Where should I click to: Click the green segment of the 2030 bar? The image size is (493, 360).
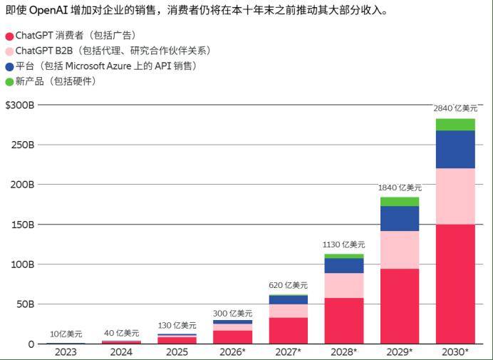coord(455,125)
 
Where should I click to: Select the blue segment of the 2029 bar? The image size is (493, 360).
coord(400,218)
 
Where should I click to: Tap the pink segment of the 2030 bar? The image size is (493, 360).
coord(455,196)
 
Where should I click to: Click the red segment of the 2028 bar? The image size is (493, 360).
coord(344,320)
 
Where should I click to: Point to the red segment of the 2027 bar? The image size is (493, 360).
coord(288,330)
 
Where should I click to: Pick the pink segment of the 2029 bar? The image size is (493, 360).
coord(400,250)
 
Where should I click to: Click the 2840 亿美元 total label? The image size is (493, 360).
coord(455,108)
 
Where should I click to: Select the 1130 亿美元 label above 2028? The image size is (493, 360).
coord(344,245)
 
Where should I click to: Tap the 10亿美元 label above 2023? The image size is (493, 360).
coord(66,334)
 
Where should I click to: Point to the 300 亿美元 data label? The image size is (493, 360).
coord(232,313)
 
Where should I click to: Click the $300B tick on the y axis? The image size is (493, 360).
coord(19,105)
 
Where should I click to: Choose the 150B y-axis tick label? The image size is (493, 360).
coord(21,225)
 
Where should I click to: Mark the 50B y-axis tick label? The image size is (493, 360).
coord(23,304)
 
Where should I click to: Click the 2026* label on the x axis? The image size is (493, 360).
coord(232,352)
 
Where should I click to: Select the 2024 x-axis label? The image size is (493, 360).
coord(121,352)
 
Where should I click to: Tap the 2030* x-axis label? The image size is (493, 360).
coord(455,352)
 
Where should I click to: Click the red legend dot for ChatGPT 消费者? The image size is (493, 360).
coord(9,36)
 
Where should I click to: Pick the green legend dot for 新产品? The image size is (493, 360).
coord(9,82)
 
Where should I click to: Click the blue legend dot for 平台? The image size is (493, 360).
coord(9,67)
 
